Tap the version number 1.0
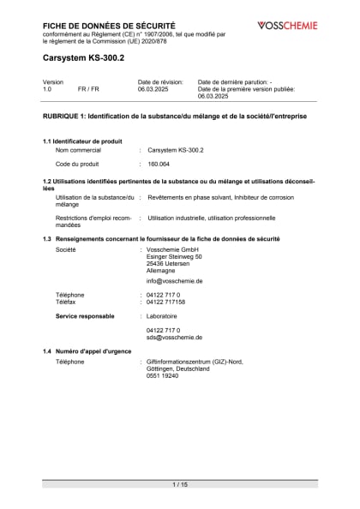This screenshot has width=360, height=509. (x=47, y=88)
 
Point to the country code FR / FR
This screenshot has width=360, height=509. (x=88, y=88)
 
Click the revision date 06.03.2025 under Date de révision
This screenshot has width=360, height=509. (x=154, y=88)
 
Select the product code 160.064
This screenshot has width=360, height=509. (x=160, y=164)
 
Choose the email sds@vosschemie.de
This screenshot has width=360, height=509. (x=174, y=337)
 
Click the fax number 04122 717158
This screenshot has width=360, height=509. (x=166, y=302)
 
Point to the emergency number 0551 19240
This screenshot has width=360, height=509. (x=162, y=375)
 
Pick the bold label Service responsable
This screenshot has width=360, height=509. (x=85, y=316)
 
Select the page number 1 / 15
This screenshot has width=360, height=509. (x=180, y=485)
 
